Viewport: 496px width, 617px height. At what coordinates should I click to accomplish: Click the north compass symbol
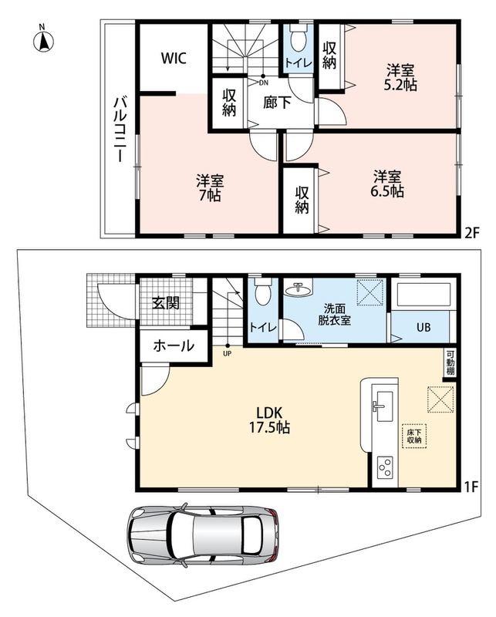43,41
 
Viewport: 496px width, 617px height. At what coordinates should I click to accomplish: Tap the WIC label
174,59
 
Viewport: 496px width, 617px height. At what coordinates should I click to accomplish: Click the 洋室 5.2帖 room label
400,78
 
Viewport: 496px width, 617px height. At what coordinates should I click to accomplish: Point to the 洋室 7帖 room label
210,188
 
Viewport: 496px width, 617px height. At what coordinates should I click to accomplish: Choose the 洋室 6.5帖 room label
387,184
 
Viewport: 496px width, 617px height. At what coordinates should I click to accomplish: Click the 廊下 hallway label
277,103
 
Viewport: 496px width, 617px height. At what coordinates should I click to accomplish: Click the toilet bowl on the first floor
261,292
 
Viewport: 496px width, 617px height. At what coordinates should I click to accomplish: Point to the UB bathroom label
423,327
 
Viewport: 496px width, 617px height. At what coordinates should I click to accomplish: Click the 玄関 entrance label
166,303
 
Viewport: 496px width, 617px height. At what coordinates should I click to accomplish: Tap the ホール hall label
174,346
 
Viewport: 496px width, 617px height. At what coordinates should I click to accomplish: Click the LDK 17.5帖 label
270,420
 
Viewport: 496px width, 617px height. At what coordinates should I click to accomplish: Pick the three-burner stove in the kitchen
385,467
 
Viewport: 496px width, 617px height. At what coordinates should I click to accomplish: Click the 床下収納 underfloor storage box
414,436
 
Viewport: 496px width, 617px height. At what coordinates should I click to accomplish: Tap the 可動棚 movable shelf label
450,363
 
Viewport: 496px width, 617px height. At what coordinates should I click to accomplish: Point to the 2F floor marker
471,234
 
